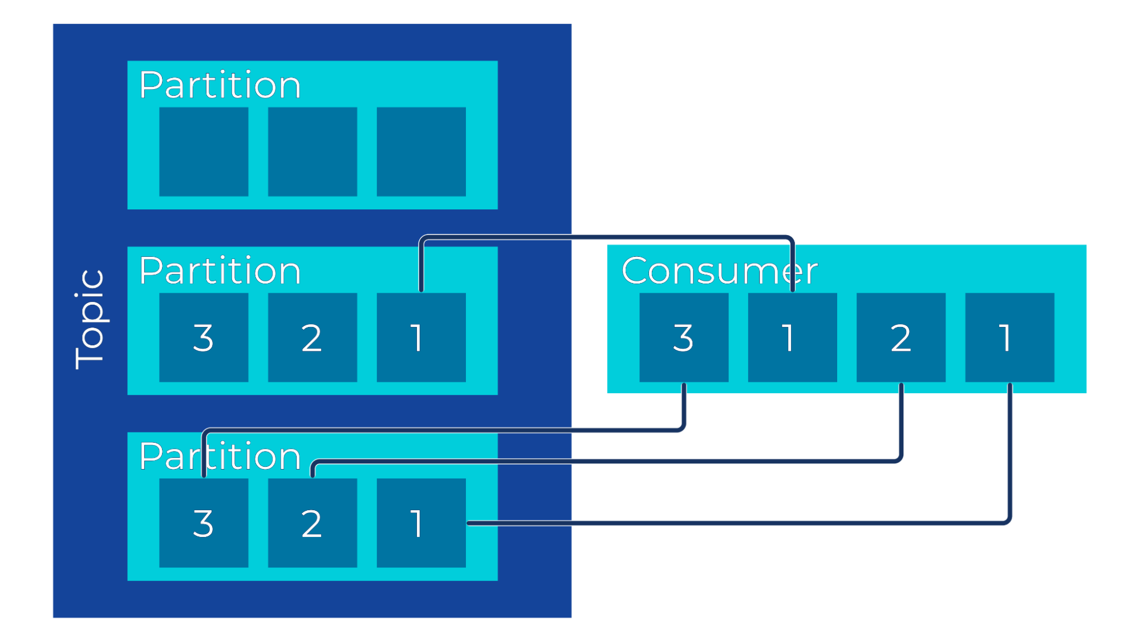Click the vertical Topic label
[90, 320]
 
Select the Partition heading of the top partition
[220, 86]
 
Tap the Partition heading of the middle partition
[220, 271]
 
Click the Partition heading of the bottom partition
[220, 457]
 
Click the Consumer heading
[720, 270]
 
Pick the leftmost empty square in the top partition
[204, 152]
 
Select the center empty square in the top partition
[313, 152]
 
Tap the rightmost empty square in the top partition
[421, 152]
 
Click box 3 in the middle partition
[204, 337]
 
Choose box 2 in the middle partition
[313, 337]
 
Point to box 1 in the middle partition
[421, 337]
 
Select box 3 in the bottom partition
[204, 523]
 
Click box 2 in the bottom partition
[313, 523]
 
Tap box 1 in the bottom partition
[421, 523]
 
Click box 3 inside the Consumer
[684, 337]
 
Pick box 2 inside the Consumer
[901, 337]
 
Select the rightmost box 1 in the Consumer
[1009, 337]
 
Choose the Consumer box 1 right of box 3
[792, 337]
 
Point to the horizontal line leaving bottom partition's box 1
[741, 523]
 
